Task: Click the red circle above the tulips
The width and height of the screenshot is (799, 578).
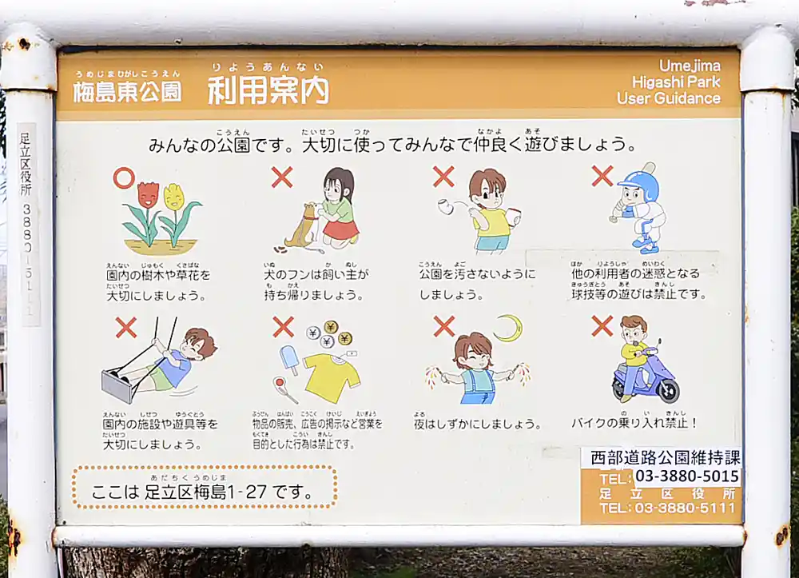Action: click(x=124, y=177)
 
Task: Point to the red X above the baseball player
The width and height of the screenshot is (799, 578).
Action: click(x=602, y=176)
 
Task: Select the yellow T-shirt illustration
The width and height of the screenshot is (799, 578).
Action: click(x=331, y=377)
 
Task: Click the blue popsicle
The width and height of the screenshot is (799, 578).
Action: click(x=288, y=358)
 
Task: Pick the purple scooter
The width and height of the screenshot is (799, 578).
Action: click(x=646, y=379)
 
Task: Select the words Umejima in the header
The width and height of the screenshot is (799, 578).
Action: click(x=689, y=66)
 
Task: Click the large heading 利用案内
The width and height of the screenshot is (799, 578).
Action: click(x=268, y=90)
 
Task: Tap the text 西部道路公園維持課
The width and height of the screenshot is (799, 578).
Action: click(x=665, y=457)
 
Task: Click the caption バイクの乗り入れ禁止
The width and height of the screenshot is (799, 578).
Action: click(x=634, y=422)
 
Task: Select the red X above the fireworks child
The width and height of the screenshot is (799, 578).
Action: click(x=443, y=326)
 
